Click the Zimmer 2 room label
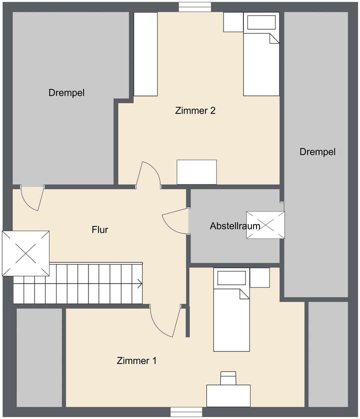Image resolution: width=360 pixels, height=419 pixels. [x=195, y=111]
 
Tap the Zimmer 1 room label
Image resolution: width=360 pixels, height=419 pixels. [x=136, y=360]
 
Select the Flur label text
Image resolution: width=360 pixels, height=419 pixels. [x=100, y=230]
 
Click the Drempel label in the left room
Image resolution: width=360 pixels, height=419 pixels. [x=66, y=92]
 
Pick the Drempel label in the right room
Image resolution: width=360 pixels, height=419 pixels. [x=317, y=151]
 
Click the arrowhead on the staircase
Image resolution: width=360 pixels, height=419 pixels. [x=139, y=283]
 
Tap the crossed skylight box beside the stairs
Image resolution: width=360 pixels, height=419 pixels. [x=25, y=253]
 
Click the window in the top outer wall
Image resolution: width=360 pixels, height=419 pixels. [x=195, y=6]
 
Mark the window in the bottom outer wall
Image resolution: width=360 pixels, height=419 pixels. [x=186, y=412]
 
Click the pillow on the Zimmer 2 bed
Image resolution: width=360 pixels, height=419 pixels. [x=259, y=23]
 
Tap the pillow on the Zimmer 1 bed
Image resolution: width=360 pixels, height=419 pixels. [x=229, y=278]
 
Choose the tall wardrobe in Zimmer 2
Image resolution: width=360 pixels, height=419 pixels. [x=146, y=54]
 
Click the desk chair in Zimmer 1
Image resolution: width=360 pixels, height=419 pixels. [x=229, y=376]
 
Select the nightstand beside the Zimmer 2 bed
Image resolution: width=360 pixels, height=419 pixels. [x=233, y=22]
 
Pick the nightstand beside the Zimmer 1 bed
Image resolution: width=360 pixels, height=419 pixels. [x=259, y=277]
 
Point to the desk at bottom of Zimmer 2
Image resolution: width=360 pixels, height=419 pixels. [x=196, y=172]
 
